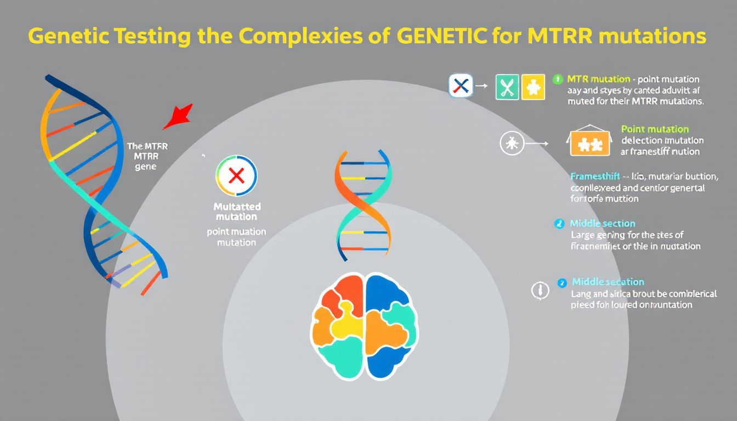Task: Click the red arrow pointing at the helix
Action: click(x=179, y=116)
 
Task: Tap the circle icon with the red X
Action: click(x=236, y=175)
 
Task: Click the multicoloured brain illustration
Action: click(x=364, y=326)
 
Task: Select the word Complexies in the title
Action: click(x=302, y=36)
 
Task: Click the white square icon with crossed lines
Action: click(x=461, y=86)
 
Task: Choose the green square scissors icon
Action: click(x=507, y=87)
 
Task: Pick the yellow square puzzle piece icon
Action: click(x=533, y=87)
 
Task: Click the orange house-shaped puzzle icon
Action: click(x=590, y=143)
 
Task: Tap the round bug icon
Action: click(x=511, y=144)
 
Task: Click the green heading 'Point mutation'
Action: click(x=655, y=129)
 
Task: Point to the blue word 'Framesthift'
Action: click(x=595, y=177)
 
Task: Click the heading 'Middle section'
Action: click(x=602, y=224)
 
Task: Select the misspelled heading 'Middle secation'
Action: click(x=608, y=282)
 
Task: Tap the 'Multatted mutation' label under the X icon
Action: click(x=236, y=212)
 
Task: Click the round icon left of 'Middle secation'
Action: click(x=540, y=291)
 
